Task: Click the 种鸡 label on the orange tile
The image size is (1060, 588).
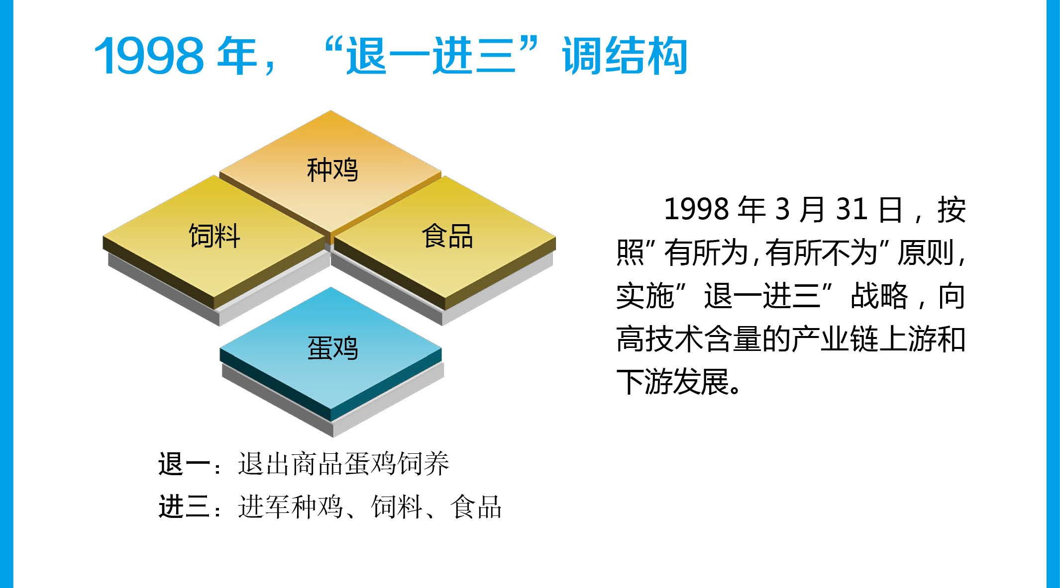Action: [x=332, y=170]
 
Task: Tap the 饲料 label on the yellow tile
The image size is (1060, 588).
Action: [x=214, y=236]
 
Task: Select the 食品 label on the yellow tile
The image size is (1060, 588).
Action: [x=447, y=236]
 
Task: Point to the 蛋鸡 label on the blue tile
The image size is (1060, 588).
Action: [x=332, y=347]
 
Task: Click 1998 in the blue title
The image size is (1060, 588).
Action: [x=149, y=56]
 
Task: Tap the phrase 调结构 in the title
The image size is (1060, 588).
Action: [x=625, y=56]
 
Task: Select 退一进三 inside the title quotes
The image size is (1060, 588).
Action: [x=431, y=56]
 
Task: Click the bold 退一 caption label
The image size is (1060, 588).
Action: [x=184, y=464]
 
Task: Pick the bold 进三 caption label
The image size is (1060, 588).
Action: [x=184, y=507]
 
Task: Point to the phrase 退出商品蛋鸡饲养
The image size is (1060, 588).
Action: [x=343, y=464]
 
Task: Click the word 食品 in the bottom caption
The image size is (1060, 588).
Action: [x=476, y=507]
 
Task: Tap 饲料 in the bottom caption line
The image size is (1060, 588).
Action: [x=397, y=507]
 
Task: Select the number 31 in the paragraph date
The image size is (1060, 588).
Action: [x=852, y=209]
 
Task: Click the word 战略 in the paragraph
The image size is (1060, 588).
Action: [x=879, y=296]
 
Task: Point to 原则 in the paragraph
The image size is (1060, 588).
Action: [x=926, y=253]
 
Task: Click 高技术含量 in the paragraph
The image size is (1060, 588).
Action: [x=689, y=339]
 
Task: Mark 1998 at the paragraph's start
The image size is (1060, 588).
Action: [x=697, y=209]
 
